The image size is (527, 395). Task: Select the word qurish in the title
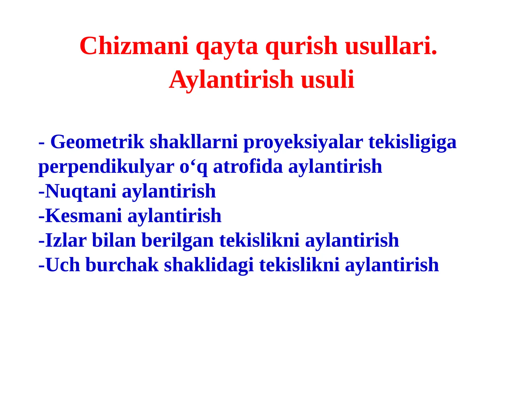tap(301, 46)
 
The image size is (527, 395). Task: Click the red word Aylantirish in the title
tap(231, 80)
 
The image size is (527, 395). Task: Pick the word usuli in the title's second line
tap(327, 80)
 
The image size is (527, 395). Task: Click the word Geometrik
tap(97, 142)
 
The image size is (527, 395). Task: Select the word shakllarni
tap(194, 142)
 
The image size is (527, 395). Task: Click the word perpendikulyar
tap(106, 167)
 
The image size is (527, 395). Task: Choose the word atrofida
tap(248, 166)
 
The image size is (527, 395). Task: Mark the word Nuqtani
tap(80, 191)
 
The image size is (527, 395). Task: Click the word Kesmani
tap(83, 216)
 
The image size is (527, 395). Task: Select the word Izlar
tap(66, 240)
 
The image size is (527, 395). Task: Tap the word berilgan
tap(178, 240)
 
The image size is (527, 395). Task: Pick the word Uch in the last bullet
tap(63, 265)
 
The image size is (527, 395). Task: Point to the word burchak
tap(122, 265)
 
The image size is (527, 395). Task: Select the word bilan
tap(114, 240)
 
